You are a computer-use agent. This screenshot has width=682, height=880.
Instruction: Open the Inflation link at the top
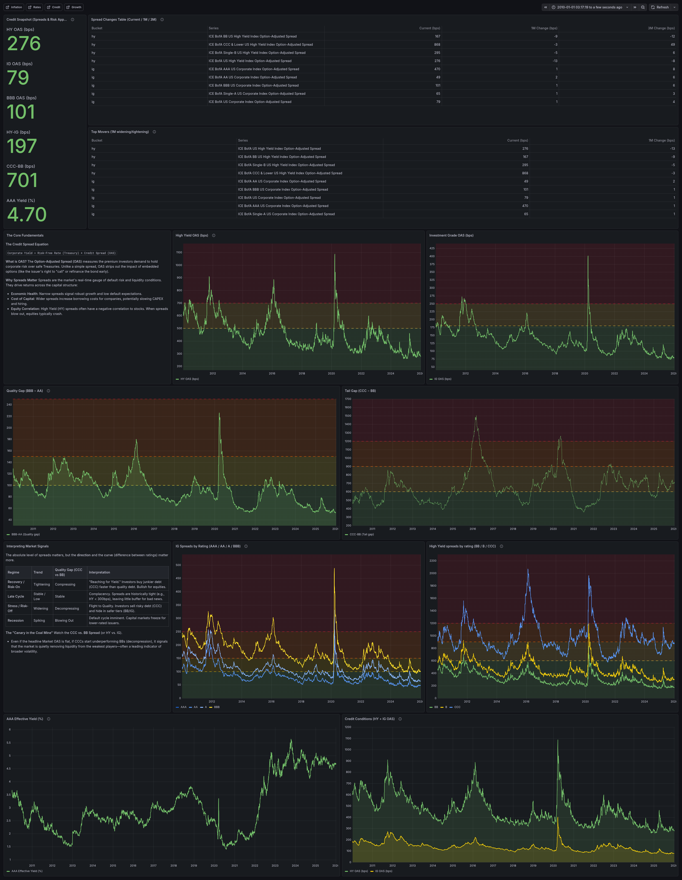14,7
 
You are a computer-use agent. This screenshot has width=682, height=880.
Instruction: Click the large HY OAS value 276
24,44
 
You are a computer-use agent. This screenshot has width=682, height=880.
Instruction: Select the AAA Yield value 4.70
27,214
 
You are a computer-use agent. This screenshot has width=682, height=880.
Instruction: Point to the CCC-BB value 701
22,180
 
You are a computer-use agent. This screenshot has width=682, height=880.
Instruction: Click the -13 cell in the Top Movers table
672,149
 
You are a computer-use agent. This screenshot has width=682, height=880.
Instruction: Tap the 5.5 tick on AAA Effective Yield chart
9,743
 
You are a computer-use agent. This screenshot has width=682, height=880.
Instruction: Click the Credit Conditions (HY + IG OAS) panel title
369,719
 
